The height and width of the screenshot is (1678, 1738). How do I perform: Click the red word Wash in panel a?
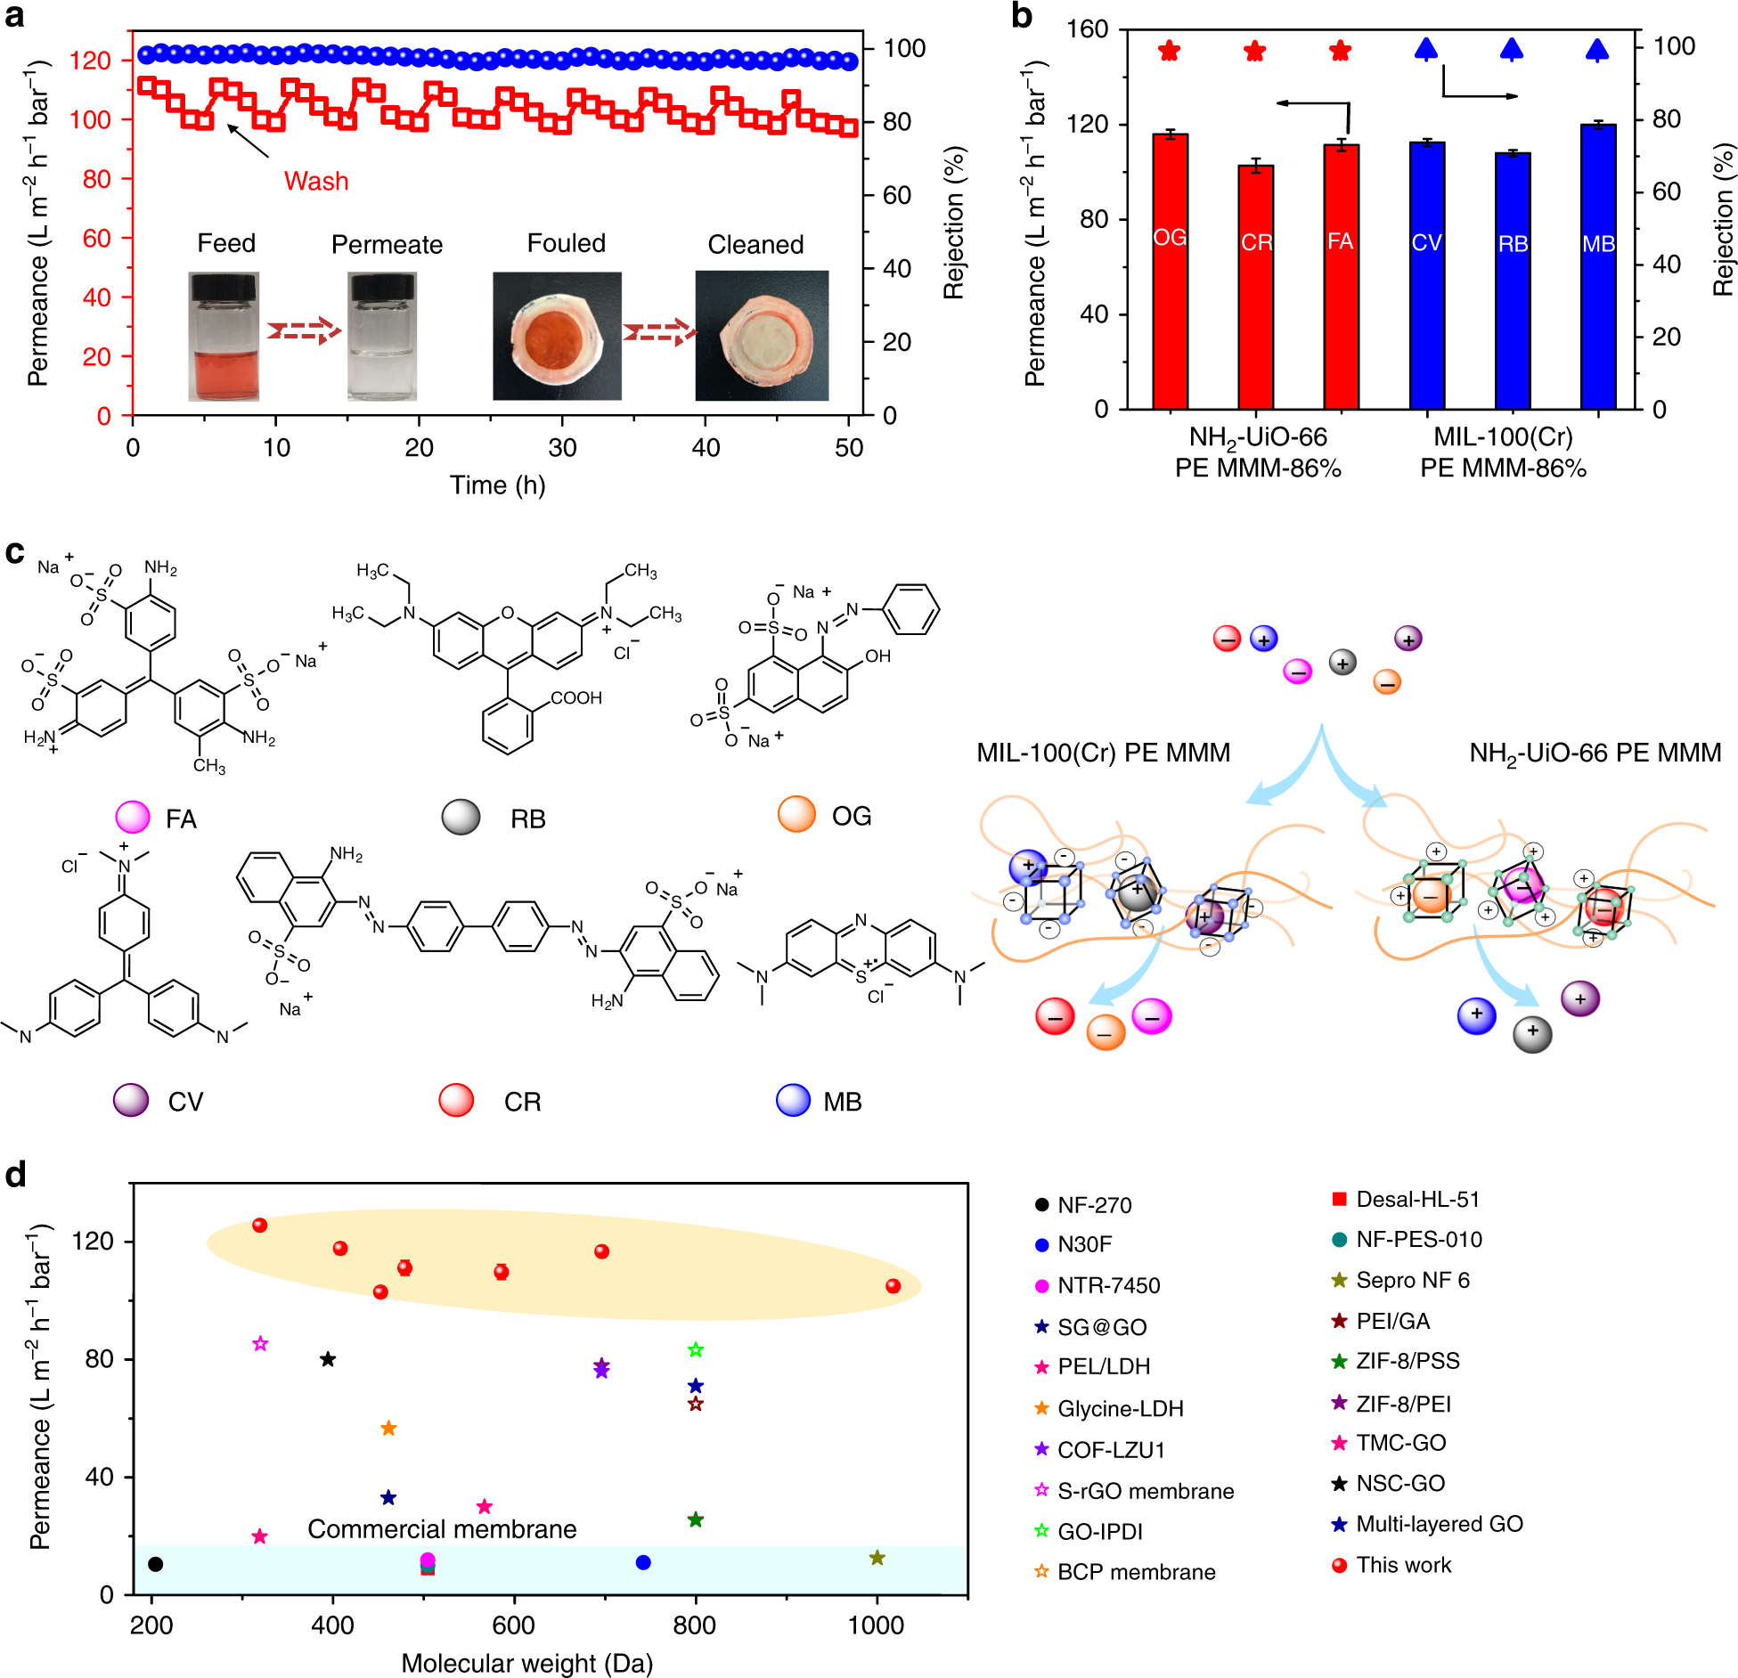(x=315, y=181)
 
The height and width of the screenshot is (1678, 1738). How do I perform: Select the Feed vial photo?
(x=224, y=336)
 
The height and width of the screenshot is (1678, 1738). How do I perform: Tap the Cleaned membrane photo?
(x=762, y=336)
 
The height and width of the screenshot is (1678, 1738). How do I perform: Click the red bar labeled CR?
(x=1255, y=285)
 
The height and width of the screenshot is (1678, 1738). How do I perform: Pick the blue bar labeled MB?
(x=1597, y=267)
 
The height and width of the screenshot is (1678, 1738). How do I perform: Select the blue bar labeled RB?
(x=1512, y=281)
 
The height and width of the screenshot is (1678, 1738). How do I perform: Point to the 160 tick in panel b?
(x=1087, y=29)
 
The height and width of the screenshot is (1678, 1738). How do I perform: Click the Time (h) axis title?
(x=497, y=485)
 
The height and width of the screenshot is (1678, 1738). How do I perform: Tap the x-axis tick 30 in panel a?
(x=562, y=448)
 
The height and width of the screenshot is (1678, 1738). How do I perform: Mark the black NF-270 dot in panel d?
(x=156, y=1563)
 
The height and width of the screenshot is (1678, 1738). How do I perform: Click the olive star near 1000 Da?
(x=877, y=1558)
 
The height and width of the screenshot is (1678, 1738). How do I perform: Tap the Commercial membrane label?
(x=442, y=1529)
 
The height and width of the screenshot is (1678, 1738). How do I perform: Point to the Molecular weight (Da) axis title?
(x=526, y=1663)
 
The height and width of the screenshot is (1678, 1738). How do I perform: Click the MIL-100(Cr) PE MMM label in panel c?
(x=1103, y=753)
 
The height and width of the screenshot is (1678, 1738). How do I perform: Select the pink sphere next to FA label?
(x=133, y=817)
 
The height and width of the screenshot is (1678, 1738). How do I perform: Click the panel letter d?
(x=15, y=1176)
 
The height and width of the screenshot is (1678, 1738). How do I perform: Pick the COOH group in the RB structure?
(x=575, y=698)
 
